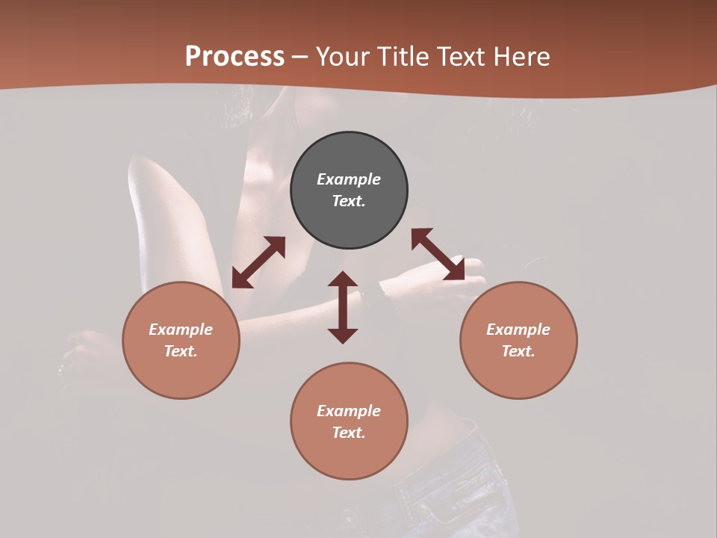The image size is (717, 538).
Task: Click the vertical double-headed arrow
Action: (x=343, y=307)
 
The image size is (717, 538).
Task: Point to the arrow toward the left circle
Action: (x=258, y=262)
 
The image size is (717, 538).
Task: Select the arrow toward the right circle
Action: (x=438, y=254)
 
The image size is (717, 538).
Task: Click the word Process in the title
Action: (x=235, y=57)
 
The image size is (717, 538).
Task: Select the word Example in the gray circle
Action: (x=349, y=179)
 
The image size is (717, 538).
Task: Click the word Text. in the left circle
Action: (x=181, y=351)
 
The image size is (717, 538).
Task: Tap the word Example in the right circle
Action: (x=518, y=330)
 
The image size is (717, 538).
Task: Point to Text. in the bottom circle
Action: (x=349, y=433)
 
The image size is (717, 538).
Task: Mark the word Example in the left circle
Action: (x=181, y=330)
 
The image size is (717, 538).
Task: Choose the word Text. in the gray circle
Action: (x=349, y=201)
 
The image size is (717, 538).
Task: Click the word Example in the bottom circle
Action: (x=349, y=411)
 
